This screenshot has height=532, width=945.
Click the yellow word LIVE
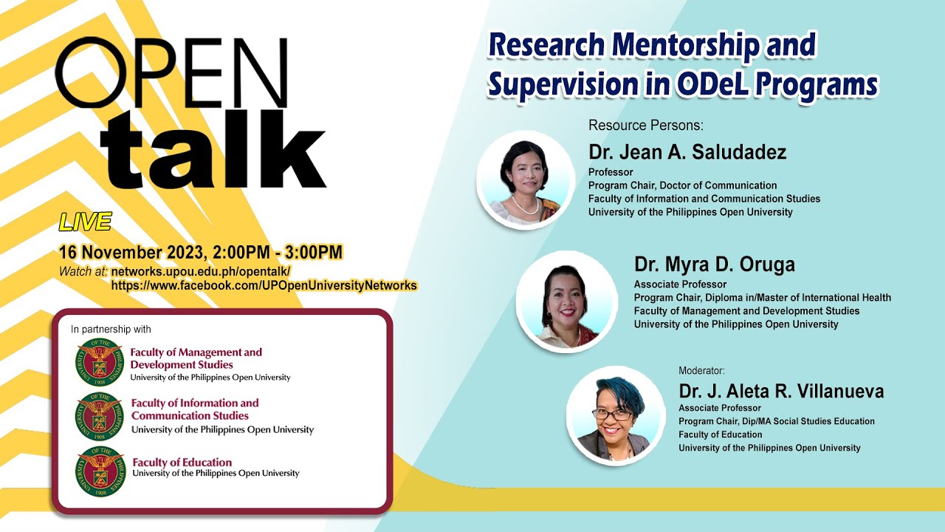[85, 222]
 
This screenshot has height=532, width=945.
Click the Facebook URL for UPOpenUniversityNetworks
[264, 286]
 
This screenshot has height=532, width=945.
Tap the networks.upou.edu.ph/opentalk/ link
[201, 271]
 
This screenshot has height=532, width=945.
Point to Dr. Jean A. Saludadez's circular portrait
[526, 180]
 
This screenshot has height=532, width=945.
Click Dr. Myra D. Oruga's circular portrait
[566, 302]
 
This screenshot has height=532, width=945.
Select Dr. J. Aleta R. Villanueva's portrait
[616, 416]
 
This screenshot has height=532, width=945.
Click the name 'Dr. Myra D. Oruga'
[714, 265]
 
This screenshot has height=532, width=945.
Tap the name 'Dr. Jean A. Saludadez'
[687, 152]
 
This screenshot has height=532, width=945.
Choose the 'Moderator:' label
[701, 371]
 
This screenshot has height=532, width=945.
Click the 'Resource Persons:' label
[646, 126]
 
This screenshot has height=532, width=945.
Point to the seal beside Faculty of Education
[100, 471]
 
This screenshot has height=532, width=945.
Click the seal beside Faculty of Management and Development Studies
[100, 362]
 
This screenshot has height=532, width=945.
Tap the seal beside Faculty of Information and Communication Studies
[100, 417]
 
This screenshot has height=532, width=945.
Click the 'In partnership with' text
[111, 330]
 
